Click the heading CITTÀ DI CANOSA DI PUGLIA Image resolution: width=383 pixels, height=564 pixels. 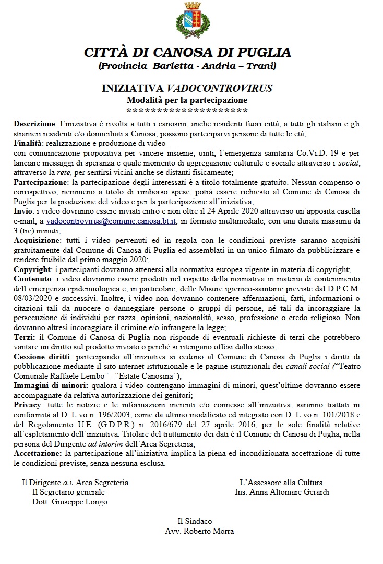[x=187, y=53]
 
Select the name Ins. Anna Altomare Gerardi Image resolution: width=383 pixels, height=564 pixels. [x=282, y=492]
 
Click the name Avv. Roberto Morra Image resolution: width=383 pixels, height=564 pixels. [x=199, y=531]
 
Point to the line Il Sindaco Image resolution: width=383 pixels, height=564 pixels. [x=195, y=521]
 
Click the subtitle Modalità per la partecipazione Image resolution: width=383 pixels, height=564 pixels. [x=187, y=99]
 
